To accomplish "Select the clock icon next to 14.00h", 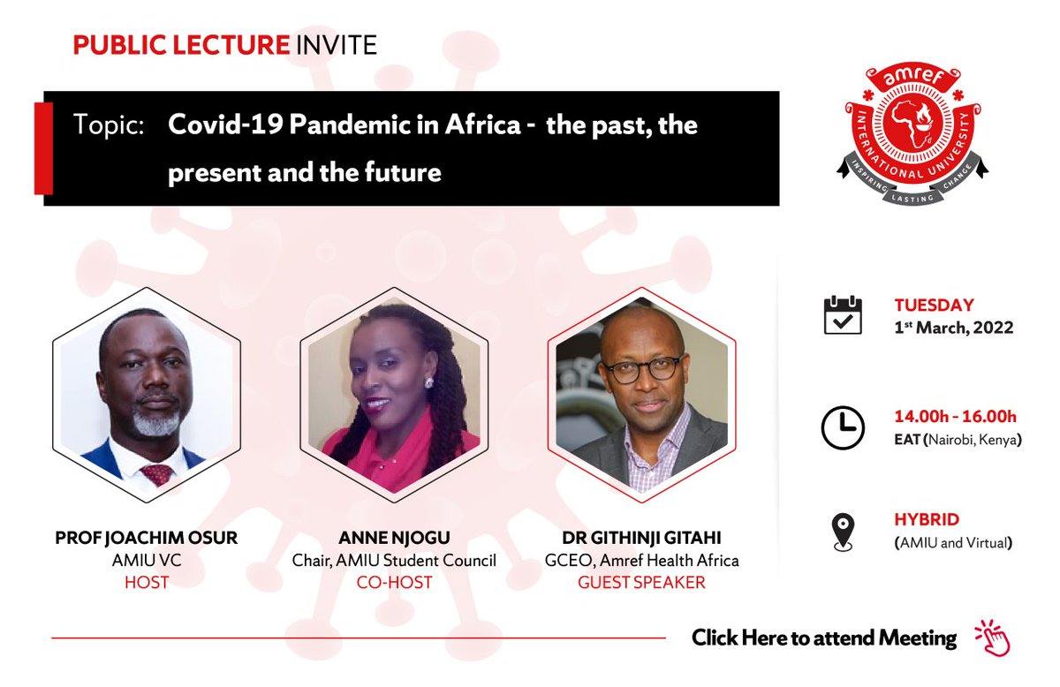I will (x=843, y=428).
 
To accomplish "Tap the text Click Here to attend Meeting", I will (x=823, y=638).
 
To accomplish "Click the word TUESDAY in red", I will (x=934, y=306).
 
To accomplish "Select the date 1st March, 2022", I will (x=953, y=327).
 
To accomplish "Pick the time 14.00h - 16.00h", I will (x=955, y=417).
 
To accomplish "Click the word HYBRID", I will (x=927, y=520).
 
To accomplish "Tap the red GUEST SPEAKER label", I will (x=641, y=582).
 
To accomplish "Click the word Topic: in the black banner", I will (x=109, y=125).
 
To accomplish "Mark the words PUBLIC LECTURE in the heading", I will (x=181, y=45).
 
